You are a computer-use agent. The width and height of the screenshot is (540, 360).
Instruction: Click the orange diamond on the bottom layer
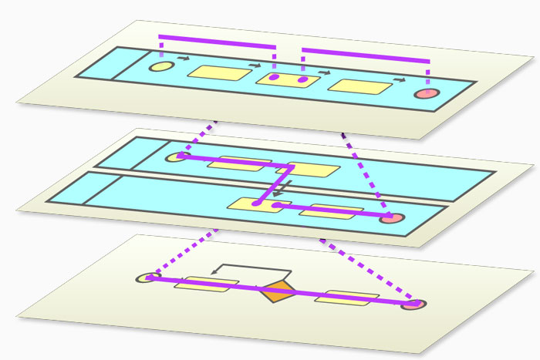click(x=277, y=292)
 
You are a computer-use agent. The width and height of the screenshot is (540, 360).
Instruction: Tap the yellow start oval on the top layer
click(x=160, y=67)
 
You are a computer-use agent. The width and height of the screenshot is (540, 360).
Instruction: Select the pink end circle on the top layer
click(x=425, y=94)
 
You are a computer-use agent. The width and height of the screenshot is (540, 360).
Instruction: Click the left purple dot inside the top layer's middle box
click(x=274, y=77)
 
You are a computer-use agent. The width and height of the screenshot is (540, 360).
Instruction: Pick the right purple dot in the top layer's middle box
click(x=302, y=79)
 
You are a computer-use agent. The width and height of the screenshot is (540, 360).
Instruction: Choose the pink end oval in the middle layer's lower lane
click(x=392, y=218)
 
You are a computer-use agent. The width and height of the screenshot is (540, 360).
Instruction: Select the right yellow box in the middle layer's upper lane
click(x=313, y=169)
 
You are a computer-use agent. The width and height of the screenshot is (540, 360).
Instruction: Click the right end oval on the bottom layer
click(x=414, y=304)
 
